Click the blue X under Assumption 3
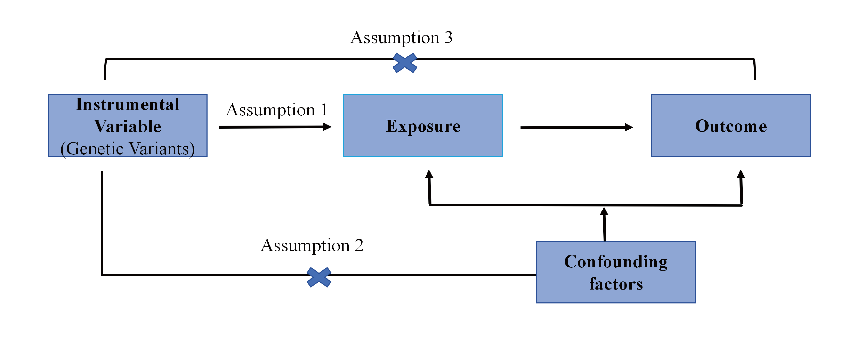pyautogui.click(x=405, y=63)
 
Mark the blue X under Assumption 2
pyautogui.click(x=319, y=277)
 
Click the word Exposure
pyautogui.click(x=423, y=126)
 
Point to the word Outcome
pyautogui.click(x=731, y=126)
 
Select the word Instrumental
pyautogui.click(x=128, y=104)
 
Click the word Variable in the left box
pyautogui.click(x=128, y=127)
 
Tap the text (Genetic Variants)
pyautogui.click(x=128, y=149)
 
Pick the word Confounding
pyautogui.click(x=616, y=262)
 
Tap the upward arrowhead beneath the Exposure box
pyautogui.click(x=429, y=174)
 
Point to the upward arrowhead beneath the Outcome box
pyautogui.click(x=741, y=174)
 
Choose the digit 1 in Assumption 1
pyautogui.click(x=324, y=110)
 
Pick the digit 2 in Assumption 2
pyautogui.click(x=359, y=246)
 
